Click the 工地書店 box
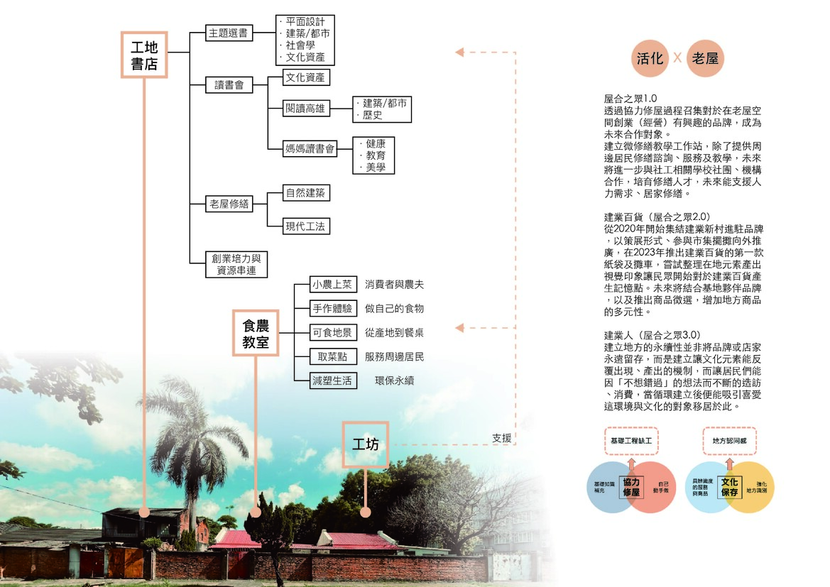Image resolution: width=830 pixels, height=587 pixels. click(144, 55)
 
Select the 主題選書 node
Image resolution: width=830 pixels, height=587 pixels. click(229, 33)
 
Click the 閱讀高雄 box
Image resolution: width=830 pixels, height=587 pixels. click(305, 108)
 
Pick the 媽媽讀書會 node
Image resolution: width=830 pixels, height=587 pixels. click(310, 148)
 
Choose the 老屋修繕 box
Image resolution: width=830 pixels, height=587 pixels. click(229, 204)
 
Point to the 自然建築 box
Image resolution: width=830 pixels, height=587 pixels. click(307, 192)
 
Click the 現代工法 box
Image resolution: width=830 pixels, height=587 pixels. click(307, 226)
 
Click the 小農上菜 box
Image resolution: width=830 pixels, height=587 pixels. click(332, 285)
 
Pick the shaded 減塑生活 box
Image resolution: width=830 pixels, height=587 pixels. click(332, 380)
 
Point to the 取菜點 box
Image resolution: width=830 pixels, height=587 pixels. click(332, 356)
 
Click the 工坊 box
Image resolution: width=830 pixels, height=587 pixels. click(366, 444)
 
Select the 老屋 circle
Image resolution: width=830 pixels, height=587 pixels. click(704, 57)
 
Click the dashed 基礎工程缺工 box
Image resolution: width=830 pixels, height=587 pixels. click(631, 441)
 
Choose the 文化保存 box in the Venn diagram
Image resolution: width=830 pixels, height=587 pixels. click(729, 487)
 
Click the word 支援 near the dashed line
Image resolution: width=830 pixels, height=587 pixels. click(501, 438)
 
